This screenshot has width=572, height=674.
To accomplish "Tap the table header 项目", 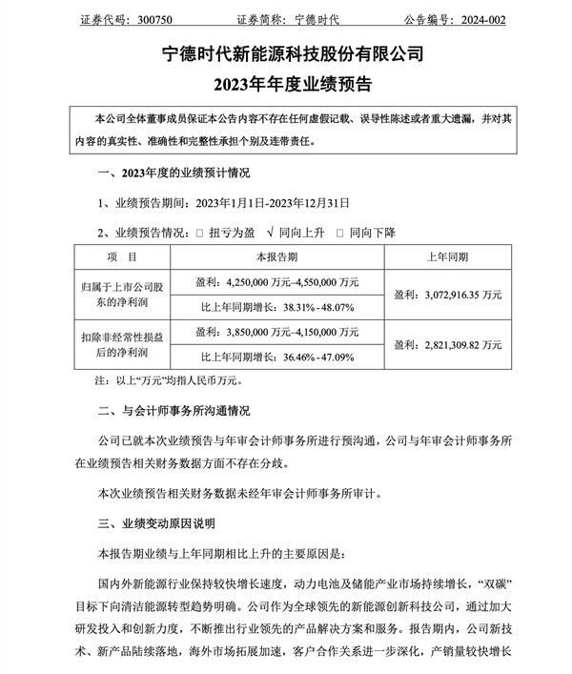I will click(x=123, y=258).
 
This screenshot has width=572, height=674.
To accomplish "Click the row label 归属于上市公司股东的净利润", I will click(x=123, y=295).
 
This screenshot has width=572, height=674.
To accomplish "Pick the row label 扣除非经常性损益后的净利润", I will click(x=123, y=348).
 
